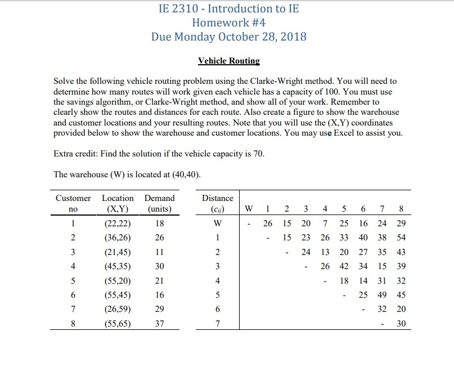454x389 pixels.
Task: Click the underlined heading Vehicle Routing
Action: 228,61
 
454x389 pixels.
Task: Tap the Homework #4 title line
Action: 228,23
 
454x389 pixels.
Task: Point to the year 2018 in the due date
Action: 293,37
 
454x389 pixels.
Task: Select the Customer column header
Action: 73,198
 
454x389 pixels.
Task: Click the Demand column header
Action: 159,198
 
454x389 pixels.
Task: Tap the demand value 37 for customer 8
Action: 159,323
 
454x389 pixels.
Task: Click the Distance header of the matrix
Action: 217,198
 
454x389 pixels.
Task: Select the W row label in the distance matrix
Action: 217,223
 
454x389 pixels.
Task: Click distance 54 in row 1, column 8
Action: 400,238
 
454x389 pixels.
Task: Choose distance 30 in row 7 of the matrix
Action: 400,323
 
